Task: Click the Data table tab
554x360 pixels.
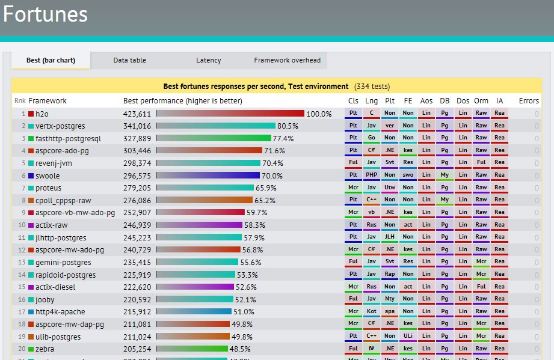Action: pyautogui.click(x=130, y=60)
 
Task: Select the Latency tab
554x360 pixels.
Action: pyautogui.click(x=209, y=60)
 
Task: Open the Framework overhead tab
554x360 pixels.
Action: pyautogui.click(x=287, y=60)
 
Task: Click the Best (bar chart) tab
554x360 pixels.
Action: pyautogui.click(x=51, y=60)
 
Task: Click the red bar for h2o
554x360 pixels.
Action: pyautogui.click(x=230, y=113)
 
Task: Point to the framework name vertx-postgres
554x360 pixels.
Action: pyautogui.click(x=60, y=126)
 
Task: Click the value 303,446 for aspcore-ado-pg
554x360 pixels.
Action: pyautogui.click(x=137, y=150)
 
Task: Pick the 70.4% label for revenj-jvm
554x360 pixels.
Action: pyautogui.click(x=272, y=163)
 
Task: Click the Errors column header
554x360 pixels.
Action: pyautogui.click(x=529, y=100)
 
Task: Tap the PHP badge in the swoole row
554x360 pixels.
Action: pyautogui.click(x=372, y=175)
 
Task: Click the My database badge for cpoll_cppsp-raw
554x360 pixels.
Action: pyautogui.click(x=445, y=200)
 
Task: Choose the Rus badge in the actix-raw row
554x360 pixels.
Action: pyautogui.click(x=372, y=224)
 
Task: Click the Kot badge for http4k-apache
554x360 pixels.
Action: pyautogui.click(x=372, y=311)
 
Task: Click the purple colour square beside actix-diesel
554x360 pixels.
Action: pyautogui.click(x=31, y=287)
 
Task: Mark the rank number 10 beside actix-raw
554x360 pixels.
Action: pyautogui.click(x=22, y=225)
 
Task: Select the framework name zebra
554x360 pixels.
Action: pyautogui.click(x=45, y=349)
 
